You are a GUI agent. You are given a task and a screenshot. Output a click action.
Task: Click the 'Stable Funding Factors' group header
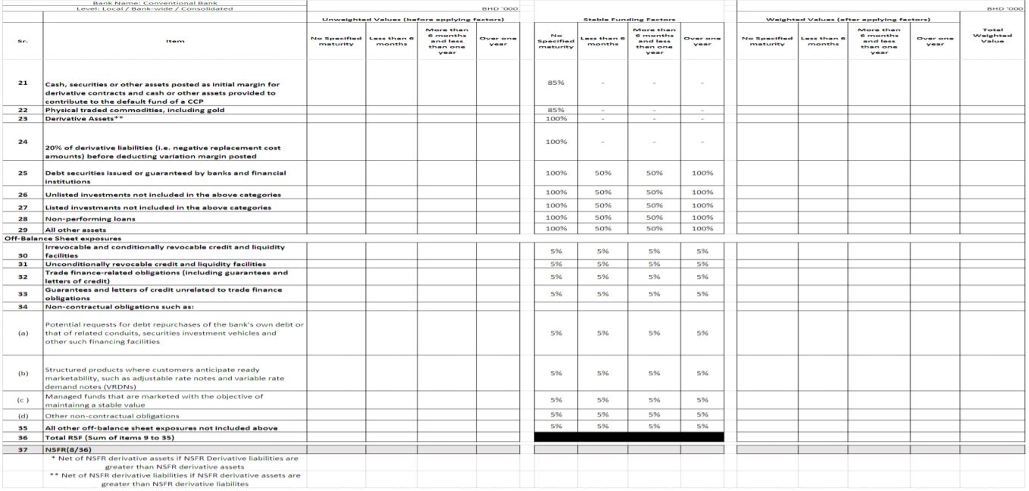(629, 19)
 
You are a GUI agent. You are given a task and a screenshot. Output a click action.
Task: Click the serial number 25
(22, 174)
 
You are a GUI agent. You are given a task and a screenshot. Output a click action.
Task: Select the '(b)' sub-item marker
(22, 373)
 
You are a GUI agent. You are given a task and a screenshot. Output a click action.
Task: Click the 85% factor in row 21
(555, 83)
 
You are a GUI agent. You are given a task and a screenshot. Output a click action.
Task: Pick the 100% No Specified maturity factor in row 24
(555, 142)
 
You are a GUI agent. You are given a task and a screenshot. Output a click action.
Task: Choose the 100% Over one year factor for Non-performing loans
(702, 217)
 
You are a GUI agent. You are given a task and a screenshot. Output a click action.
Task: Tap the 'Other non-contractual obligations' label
(112, 416)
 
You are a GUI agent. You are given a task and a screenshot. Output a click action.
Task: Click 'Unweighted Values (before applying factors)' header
(413, 19)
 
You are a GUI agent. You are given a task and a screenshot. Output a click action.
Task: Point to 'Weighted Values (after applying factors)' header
(848, 19)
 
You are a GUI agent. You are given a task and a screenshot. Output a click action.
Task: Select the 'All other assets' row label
(76, 230)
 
